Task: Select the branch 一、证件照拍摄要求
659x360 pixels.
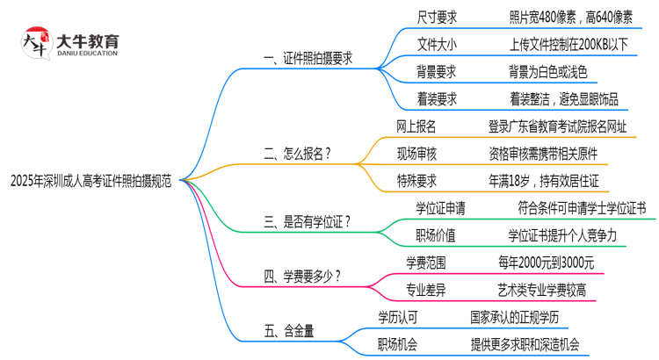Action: [308, 58]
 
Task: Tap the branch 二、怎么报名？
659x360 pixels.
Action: [298, 153]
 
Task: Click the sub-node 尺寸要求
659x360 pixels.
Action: [437, 17]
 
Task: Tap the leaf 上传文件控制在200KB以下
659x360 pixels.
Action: [568, 44]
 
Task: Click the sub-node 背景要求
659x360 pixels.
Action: [437, 72]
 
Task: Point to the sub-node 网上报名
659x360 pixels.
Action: [416, 127]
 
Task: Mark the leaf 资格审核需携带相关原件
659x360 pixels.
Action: [555, 154]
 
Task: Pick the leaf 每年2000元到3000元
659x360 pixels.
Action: [546, 262]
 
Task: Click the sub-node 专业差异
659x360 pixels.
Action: [426, 289]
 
